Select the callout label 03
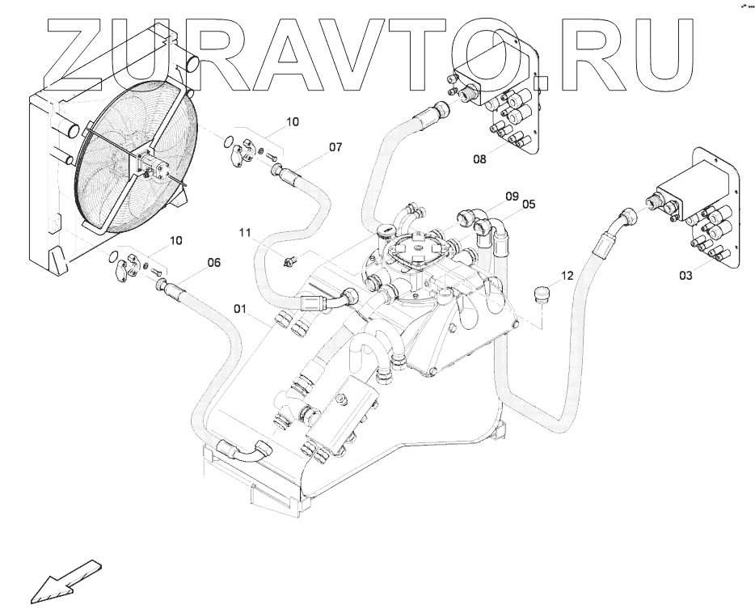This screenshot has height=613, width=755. [x=685, y=277]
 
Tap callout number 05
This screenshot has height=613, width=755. [x=529, y=205]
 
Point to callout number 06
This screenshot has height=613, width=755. [x=214, y=263]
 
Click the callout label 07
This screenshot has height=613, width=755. [x=335, y=147]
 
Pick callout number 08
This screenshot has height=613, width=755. [x=480, y=160]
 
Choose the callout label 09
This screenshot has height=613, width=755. [x=512, y=196]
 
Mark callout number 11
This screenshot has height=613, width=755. [x=245, y=233]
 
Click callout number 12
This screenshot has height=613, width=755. [x=567, y=276]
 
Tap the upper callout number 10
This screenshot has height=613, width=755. [x=292, y=122]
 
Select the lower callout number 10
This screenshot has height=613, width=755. [x=175, y=240]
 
